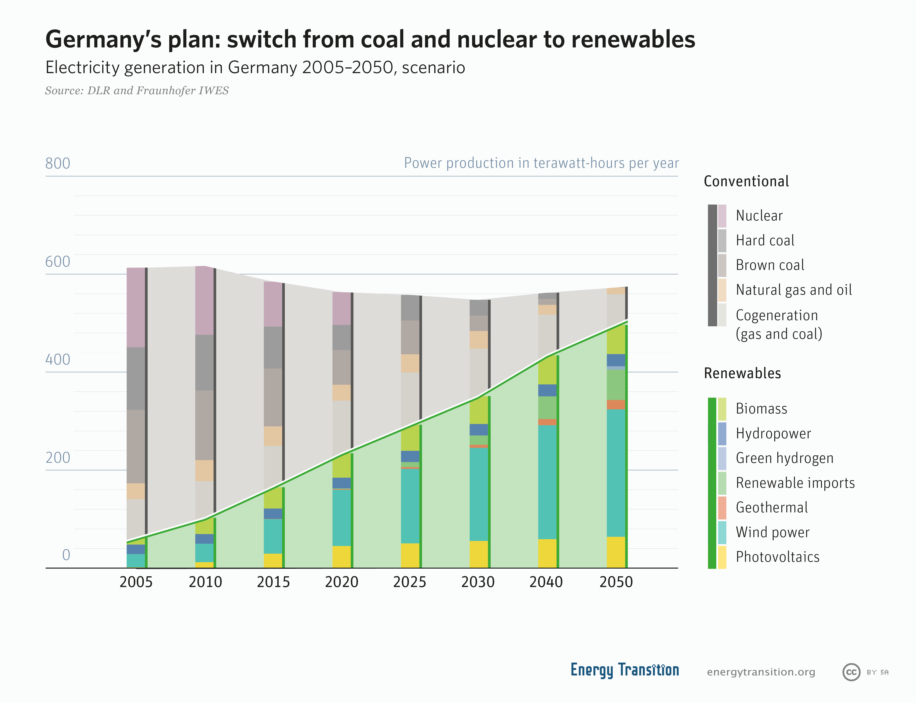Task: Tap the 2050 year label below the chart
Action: (616, 582)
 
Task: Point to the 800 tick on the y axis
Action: (58, 163)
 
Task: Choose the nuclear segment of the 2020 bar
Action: (341, 308)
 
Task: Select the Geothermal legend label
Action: (772, 508)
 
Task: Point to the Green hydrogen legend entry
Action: (784, 458)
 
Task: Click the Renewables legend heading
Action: (742, 373)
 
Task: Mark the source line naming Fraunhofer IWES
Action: (137, 91)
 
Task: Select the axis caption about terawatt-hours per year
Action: (541, 163)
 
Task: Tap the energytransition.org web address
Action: (761, 672)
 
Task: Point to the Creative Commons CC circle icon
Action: (851, 672)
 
